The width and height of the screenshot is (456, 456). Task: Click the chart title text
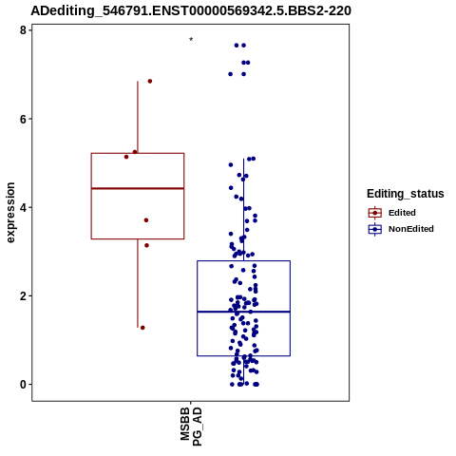pos(191,10)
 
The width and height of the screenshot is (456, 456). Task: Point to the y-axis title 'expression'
pos(10,213)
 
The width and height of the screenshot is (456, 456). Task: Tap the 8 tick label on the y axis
pos(23,30)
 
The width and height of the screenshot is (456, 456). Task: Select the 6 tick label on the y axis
pos(23,119)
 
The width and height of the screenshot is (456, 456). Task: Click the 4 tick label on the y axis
pos(23,207)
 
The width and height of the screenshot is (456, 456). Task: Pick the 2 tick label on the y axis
pos(23,296)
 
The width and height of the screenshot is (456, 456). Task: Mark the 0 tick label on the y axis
pos(23,385)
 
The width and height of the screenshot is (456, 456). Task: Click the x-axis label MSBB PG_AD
pos(191,427)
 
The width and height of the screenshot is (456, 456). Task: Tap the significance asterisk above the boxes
pos(191,40)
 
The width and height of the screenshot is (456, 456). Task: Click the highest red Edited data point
pos(150,82)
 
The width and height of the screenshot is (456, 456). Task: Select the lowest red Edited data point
pos(142,328)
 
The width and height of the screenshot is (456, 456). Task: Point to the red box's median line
pos(138,188)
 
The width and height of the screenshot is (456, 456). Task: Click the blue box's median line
pos(243,312)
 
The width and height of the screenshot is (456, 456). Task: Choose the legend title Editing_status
pos(406,194)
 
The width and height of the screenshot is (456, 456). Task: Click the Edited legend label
pos(402,213)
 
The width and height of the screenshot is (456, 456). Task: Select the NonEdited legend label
pos(411,229)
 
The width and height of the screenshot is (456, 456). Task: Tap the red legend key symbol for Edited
pos(375,213)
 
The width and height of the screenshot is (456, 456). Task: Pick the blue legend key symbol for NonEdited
pos(375,229)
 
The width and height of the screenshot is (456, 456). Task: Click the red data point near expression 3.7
pos(146,220)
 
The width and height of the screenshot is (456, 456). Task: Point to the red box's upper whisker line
pos(138,117)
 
